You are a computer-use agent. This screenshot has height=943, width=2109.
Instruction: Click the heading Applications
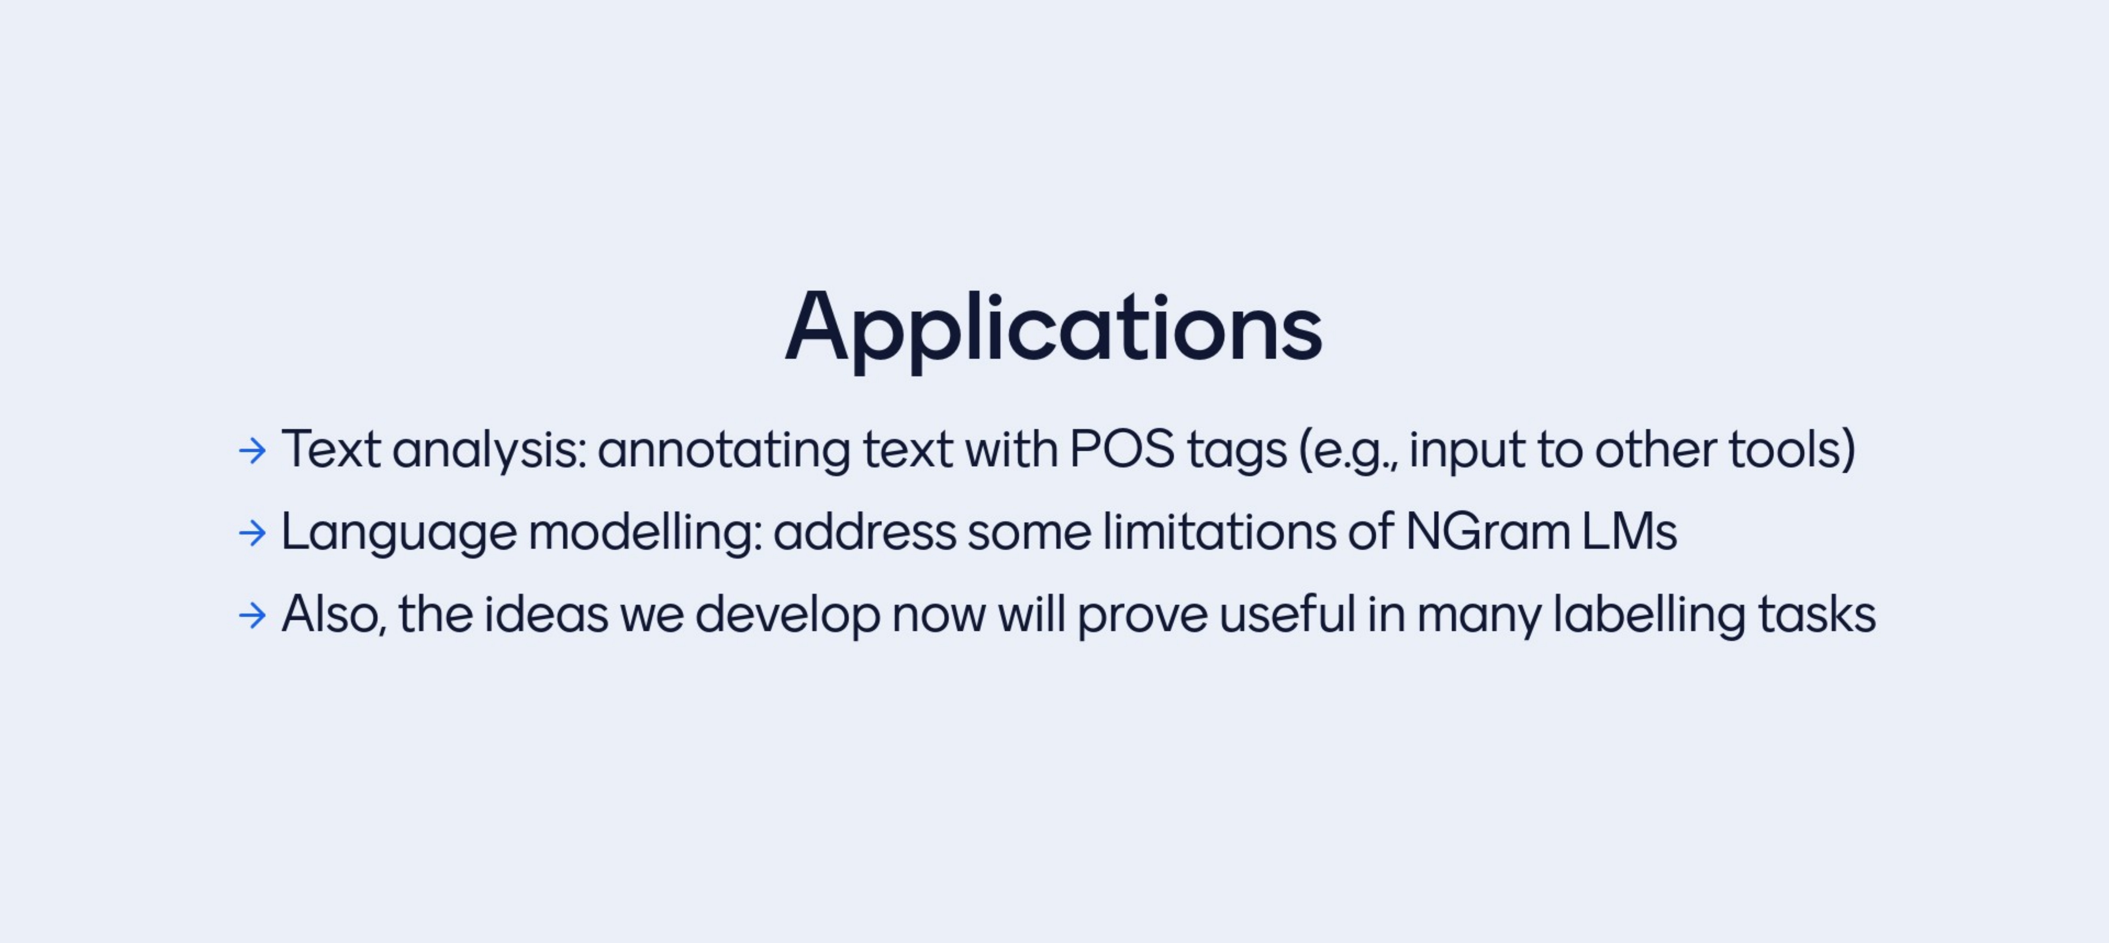pos(1054,329)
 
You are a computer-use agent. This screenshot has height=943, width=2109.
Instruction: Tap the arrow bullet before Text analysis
pos(252,450)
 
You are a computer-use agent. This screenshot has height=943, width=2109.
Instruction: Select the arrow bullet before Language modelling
pos(252,533)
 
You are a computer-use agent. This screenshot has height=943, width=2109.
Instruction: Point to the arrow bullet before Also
pos(252,615)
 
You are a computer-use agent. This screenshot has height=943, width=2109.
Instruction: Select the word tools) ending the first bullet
pos(1792,449)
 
